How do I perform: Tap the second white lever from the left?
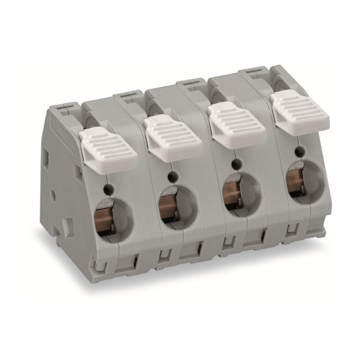click(173, 137)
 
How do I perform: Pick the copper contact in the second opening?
click(167, 206)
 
